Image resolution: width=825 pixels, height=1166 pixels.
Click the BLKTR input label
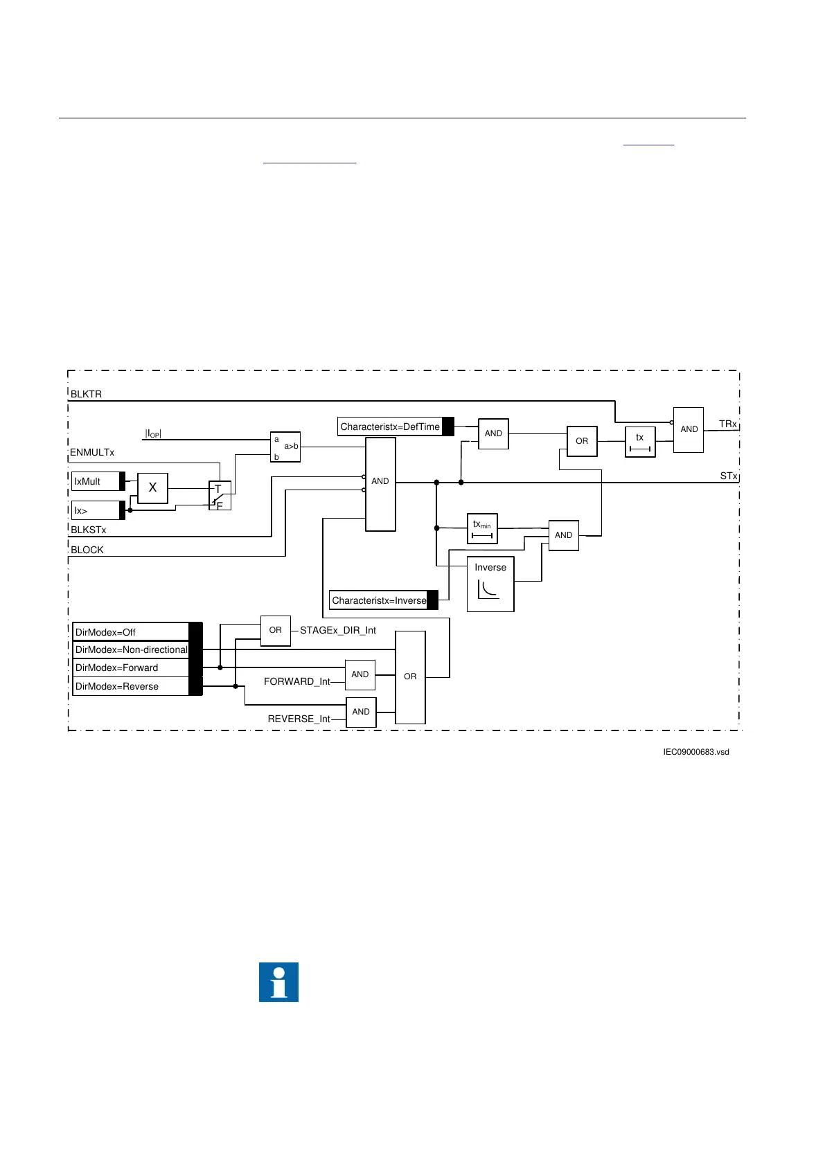click(87, 394)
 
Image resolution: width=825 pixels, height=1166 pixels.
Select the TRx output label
click(727, 424)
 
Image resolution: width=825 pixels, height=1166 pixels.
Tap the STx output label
click(728, 476)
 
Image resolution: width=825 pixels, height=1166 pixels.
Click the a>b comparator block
click(285, 447)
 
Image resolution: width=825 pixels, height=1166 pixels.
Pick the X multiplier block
click(152, 487)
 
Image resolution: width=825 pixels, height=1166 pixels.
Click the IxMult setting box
click(97, 481)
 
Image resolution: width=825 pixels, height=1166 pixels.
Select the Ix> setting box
click(97, 510)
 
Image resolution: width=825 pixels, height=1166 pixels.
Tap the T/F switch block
click(220, 496)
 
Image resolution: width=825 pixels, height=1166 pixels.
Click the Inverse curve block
click(490, 584)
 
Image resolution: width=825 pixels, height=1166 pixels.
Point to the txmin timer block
click(482, 529)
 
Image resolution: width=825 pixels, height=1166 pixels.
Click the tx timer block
click(640, 442)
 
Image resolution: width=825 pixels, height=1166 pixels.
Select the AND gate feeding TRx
click(689, 429)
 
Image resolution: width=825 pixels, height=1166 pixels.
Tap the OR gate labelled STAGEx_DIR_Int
click(275, 630)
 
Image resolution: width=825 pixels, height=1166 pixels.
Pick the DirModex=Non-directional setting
click(132, 649)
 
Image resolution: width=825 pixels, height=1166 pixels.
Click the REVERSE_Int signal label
click(299, 719)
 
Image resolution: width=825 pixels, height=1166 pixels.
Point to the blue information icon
click(278, 982)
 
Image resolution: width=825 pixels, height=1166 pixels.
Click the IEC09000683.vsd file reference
click(695, 752)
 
